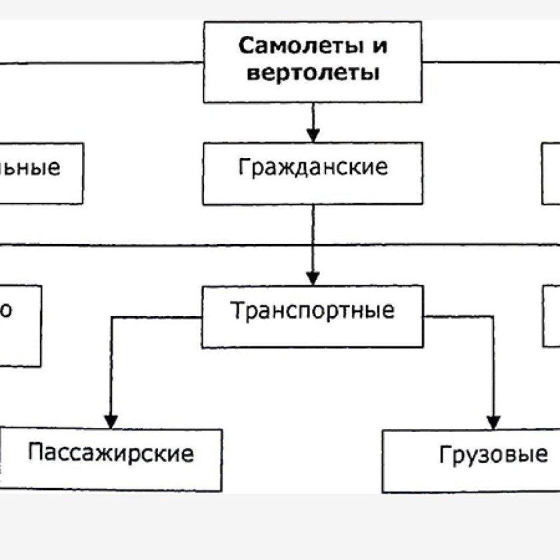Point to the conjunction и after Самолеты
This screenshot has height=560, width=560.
(380, 47)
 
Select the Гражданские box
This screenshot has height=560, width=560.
(312, 172)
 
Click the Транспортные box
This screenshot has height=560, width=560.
(312, 316)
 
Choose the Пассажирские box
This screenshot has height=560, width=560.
(111, 459)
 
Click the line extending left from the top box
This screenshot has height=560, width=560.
(100, 63)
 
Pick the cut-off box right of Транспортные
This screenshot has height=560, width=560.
(551, 316)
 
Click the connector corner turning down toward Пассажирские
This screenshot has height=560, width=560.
(111, 317)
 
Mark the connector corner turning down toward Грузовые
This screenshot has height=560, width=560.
(493, 317)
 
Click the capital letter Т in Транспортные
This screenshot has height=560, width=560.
(237, 311)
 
